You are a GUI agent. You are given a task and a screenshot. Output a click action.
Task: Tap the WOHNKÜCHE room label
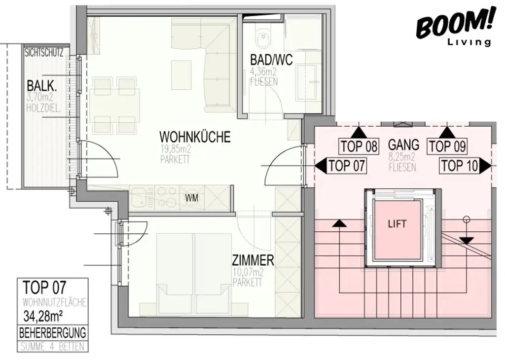[x=195, y=137]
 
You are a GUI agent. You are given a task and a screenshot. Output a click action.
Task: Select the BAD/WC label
[x=271, y=60]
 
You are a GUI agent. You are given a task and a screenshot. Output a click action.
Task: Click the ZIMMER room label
[x=253, y=260]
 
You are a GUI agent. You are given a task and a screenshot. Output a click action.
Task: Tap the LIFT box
[x=397, y=224]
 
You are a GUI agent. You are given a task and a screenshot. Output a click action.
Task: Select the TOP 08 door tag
[x=359, y=146]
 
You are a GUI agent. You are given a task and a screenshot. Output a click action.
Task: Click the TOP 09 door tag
[x=447, y=146]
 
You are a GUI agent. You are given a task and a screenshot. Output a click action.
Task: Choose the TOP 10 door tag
[x=460, y=166]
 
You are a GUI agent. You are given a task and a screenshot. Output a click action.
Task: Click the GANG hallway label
[x=403, y=144]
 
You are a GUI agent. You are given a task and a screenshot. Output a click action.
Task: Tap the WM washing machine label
[x=192, y=199]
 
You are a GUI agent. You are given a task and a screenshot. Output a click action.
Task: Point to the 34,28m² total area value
[x=44, y=315]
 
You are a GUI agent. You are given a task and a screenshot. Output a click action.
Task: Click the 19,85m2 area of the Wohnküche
[x=174, y=150]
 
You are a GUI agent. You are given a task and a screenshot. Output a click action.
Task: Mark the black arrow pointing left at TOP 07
[x=321, y=166]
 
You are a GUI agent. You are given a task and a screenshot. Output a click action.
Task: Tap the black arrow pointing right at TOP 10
[x=486, y=166]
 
